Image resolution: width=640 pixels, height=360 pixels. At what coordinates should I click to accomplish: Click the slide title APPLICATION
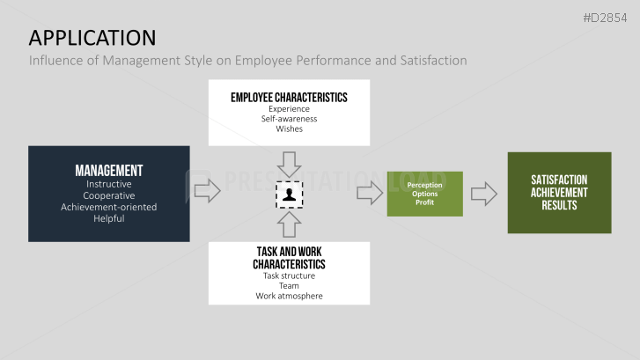pyautogui.click(x=92, y=37)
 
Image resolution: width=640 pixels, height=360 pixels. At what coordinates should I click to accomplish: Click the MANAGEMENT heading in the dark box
pyautogui.click(x=109, y=171)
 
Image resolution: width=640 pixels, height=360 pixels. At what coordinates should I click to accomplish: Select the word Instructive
pyautogui.click(x=109, y=184)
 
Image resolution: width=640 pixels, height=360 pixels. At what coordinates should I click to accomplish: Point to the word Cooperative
pyautogui.click(x=109, y=195)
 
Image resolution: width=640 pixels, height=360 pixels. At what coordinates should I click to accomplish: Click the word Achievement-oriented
pyautogui.click(x=109, y=207)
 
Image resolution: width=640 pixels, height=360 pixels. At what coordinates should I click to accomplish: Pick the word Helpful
pyautogui.click(x=109, y=218)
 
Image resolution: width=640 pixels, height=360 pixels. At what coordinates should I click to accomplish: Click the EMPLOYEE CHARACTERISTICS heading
pyautogui.click(x=289, y=97)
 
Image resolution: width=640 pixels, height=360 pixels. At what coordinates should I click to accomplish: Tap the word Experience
pyautogui.click(x=289, y=109)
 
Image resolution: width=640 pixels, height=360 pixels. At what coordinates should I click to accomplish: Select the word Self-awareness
pyautogui.click(x=289, y=119)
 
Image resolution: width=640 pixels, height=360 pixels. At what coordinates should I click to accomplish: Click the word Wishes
pyautogui.click(x=289, y=129)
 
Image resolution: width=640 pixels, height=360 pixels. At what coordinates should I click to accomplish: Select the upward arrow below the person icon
pyautogui.click(x=289, y=224)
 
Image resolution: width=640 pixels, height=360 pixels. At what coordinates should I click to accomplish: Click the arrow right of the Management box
pyautogui.click(x=207, y=191)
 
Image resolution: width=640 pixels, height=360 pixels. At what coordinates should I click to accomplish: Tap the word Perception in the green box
pyautogui.click(x=424, y=186)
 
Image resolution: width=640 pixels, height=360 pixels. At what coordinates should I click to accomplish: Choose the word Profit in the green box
pyautogui.click(x=424, y=202)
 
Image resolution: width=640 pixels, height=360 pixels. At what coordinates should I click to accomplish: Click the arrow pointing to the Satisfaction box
pyautogui.click(x=483, y=194)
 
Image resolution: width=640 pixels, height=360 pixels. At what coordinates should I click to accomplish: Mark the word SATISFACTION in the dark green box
pyautogui.click(x=559, y=180)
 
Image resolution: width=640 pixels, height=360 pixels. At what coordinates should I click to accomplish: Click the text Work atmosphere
pyautogui.click(x=289, y=296)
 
